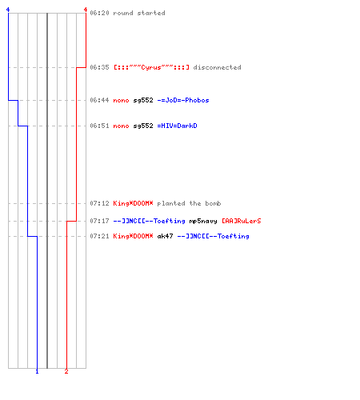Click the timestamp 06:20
pos(99,13)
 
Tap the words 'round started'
pos(139,13)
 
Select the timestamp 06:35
pos(99,67)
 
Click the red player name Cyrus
pos(151,67)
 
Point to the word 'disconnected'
pos(217,67)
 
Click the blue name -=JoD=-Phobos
pos(183,100)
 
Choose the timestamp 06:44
pos(99,100)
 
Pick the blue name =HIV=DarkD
pos(177,126)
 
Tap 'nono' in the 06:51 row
pos(121,126)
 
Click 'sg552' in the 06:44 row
pos(143,101)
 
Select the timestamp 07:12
pos(99,203)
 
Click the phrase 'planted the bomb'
pos(189,203)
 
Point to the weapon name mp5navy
pos(203,221)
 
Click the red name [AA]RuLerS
pos(242,221)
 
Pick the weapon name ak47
pos(165,236)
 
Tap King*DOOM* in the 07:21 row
pos(133,236)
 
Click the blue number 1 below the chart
pos(37,371)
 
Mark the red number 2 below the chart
pos(66,371)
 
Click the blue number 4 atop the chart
pos(8,10)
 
